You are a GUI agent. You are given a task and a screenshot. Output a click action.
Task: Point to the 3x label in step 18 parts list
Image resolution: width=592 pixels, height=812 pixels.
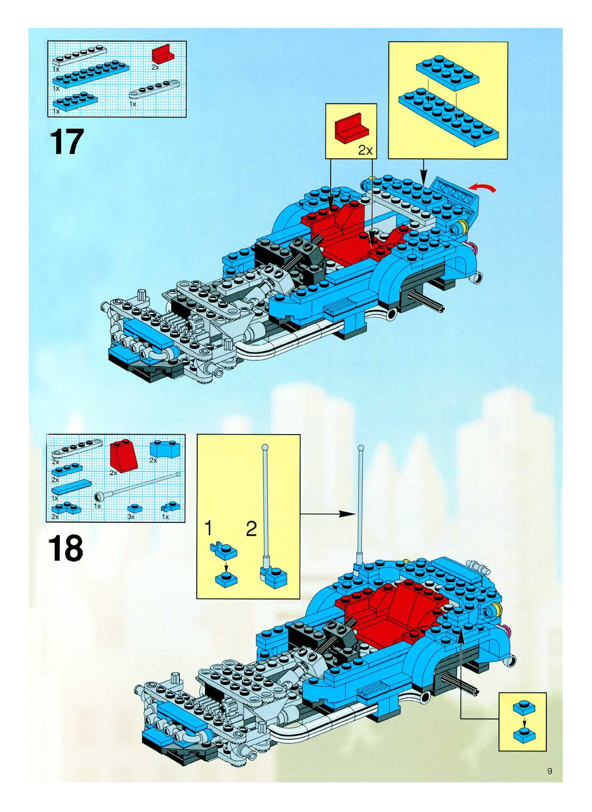pyautogui.click(x=131, y=517)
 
